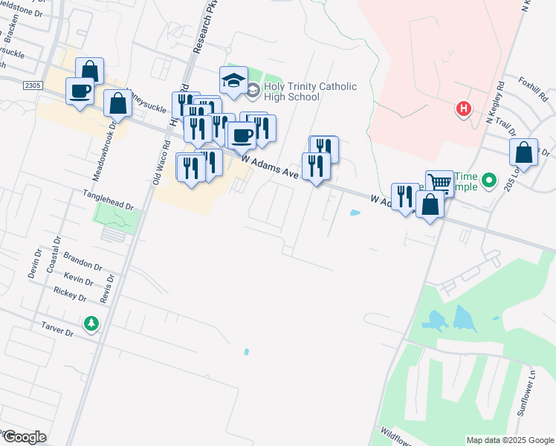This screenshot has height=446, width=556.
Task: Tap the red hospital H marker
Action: pos(465,109)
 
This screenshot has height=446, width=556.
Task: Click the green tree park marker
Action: pos(91,324)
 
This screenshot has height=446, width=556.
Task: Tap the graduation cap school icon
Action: pos(233,80)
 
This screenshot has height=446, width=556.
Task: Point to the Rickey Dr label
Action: pos(71,294)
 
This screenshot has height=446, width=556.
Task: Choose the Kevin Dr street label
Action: pos(78,279)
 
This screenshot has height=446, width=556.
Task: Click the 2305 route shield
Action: pos(32,85)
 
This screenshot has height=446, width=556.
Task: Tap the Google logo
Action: pos(24,436)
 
